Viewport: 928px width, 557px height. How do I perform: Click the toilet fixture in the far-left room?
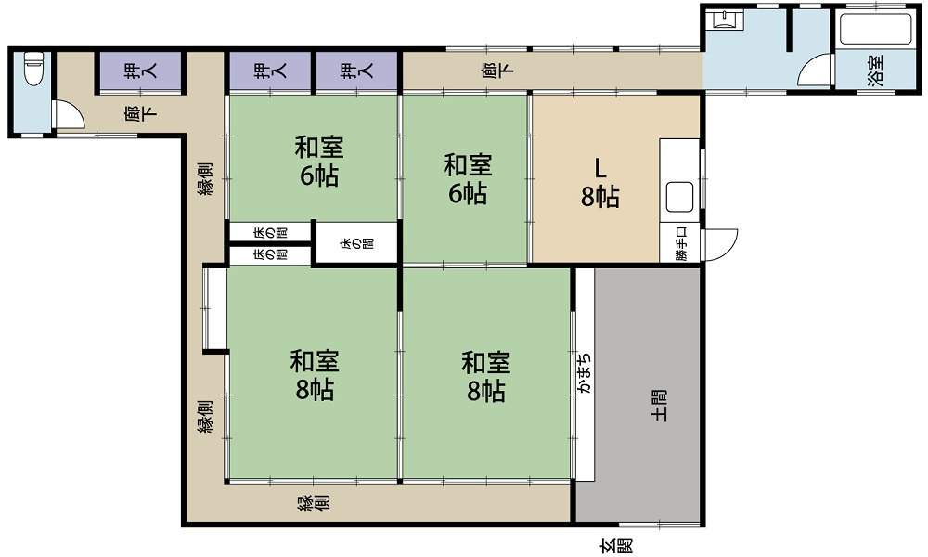[x=32, y=69]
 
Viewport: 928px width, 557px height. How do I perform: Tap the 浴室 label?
[x=875, y=71]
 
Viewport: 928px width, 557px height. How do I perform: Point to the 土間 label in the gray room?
[x=658, y=406]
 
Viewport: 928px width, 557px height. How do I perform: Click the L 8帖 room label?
[x=600, y=181]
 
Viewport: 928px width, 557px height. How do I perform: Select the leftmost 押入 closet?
[x=141, y=71]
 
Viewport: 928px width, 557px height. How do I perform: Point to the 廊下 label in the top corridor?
[x=490, y=71]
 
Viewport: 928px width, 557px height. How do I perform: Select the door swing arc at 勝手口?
[x=722, y=244]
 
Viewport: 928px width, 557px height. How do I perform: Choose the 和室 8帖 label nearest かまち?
[x=485, y=376]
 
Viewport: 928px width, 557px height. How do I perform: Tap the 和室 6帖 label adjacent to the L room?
[x=467, y=179]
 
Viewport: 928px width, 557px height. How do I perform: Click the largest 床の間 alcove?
[x=356, y=243]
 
